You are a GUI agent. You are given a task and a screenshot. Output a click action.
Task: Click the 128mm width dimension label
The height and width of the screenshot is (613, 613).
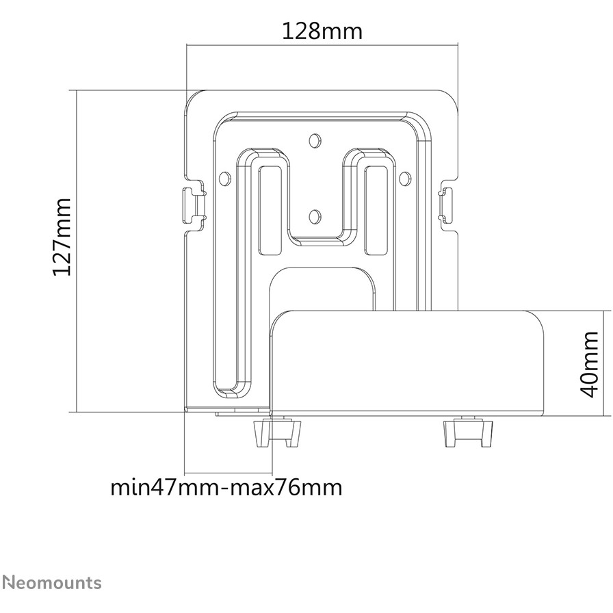tap(322, 31)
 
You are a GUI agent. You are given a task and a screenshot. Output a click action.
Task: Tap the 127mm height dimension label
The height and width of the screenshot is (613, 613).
tap(62, 237)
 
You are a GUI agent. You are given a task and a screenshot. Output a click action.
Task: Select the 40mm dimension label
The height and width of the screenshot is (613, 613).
tap(590, 364)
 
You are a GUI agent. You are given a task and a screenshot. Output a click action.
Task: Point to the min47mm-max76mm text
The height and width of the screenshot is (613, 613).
tap(226, 488)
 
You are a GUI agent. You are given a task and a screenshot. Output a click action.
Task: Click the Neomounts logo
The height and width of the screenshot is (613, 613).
tap(52, 582)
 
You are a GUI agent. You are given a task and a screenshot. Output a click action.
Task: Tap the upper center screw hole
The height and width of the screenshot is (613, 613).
tap(315, 140)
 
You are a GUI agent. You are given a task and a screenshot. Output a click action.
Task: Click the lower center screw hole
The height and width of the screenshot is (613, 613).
tap(315, 216)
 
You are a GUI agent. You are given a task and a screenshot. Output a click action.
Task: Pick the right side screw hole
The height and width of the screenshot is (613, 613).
tap(404, 179)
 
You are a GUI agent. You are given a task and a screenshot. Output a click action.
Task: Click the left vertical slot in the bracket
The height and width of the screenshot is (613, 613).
tap(270, 210)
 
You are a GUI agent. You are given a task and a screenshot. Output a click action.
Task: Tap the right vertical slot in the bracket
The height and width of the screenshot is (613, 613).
tap(376, 210)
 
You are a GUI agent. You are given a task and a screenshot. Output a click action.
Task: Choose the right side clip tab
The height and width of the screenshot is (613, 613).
tap(446, 205)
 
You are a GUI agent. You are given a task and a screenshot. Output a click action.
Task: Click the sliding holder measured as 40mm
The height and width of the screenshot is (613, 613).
tap(406, 363)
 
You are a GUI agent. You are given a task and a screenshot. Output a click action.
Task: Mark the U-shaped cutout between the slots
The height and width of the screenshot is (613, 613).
tap(315, 241)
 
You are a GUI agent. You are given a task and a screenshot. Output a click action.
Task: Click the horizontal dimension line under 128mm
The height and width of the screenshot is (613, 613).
tap(322, 45)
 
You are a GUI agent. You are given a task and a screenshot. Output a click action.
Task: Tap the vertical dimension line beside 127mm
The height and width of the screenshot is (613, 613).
tap(77, 251)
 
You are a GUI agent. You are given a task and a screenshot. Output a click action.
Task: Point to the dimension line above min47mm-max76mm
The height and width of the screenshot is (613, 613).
tap(229, 472)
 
